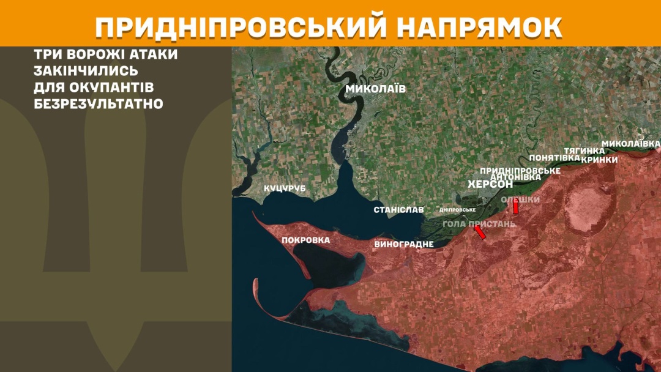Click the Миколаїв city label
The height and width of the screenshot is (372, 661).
[x=375, y=89]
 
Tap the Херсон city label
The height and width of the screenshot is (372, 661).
[x=490, y=184]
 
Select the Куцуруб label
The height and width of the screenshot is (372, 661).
[x=284, y=188]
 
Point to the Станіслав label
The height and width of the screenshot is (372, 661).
[x=398, y=210]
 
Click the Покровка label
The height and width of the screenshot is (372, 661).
[x=305, y=240]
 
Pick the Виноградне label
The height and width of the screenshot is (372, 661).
[x=403, y=244]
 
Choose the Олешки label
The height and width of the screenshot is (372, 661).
[x=520, y=199]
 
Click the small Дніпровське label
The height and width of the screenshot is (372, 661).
[x=458, y=210]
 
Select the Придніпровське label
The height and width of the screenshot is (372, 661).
[x=520, y=170]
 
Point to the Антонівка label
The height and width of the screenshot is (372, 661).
[x=516, y=177]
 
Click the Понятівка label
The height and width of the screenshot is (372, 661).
[x=555, y=158]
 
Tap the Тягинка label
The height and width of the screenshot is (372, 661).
[x=584, y=151]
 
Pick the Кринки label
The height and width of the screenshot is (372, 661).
[x=599, y=159]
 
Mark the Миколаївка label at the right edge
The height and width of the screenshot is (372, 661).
[x=631, y=144]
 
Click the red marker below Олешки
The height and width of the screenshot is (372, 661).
[x=516, y=208]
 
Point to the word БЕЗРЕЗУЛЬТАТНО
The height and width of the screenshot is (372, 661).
[x=99, y=103]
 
